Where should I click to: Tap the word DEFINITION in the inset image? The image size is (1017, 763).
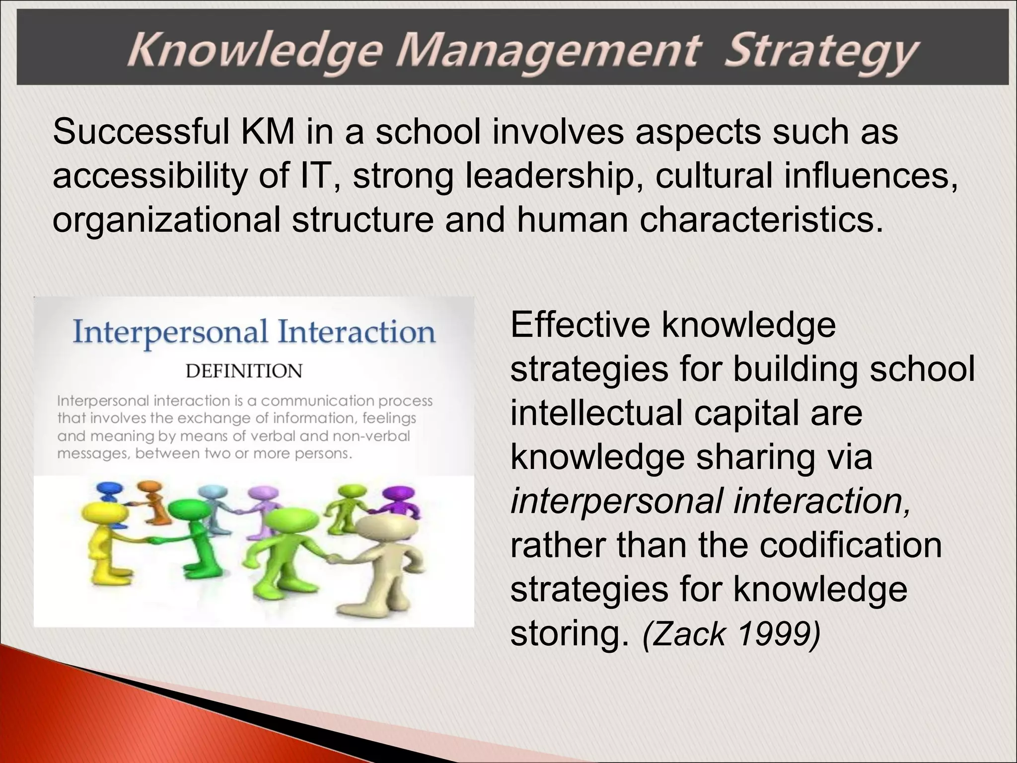[244, 371]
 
